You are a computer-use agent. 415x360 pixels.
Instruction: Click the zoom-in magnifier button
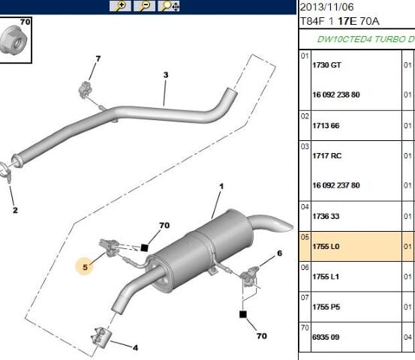coord(120,6)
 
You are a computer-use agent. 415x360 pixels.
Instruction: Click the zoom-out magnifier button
coord(144,6)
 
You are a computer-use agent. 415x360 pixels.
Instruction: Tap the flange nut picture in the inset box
coord(14,40)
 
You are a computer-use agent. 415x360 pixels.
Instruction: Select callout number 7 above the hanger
coord(98,58)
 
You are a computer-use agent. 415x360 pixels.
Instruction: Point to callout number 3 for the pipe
coord(166,75)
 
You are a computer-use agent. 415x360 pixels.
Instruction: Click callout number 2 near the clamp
coord(15,210)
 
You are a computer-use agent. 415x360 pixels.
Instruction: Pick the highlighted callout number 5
coord(85,267)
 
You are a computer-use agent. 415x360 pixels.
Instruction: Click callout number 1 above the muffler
coord(221,187)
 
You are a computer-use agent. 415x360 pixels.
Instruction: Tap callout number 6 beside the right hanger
coord(279,253)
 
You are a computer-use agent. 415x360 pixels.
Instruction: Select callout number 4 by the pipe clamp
coord(135,347)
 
